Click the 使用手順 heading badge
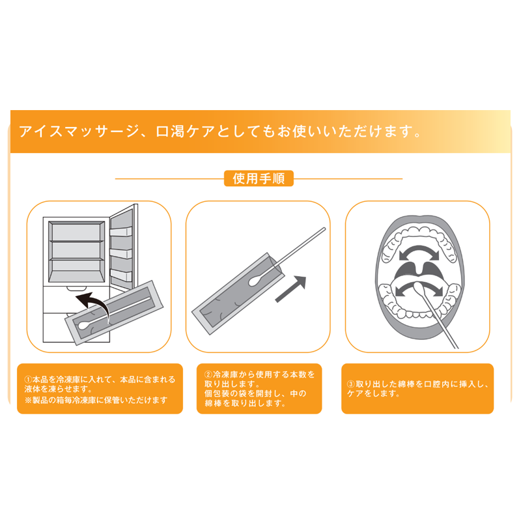259,178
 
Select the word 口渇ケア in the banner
186,132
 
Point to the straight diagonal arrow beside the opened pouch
290,289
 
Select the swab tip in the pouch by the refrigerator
84,324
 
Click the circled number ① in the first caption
28,380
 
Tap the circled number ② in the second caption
208,374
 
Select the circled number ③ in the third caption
351,384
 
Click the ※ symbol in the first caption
28,400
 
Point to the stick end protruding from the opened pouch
324,229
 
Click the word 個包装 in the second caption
218,394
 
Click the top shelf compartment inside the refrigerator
76,232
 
